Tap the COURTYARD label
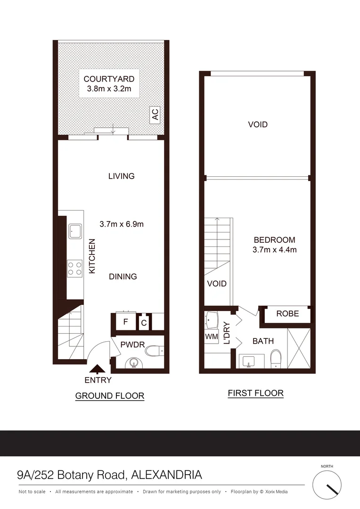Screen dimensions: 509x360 point(109,79)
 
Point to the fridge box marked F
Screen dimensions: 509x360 point(125,322)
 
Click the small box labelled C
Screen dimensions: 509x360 point(144,323)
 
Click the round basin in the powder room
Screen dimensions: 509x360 point(134,363)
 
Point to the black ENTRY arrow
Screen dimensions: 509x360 point(98,369)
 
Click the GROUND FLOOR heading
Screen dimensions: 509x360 point(110,396)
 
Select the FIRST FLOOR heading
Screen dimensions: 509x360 point(255,393)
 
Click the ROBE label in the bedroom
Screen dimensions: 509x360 point(287,313)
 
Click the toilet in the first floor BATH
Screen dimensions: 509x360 point(277,358)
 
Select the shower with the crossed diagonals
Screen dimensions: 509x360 point(299,348)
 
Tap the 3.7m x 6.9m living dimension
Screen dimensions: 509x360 point(122,224)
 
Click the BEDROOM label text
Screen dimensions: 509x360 point(274,240)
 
